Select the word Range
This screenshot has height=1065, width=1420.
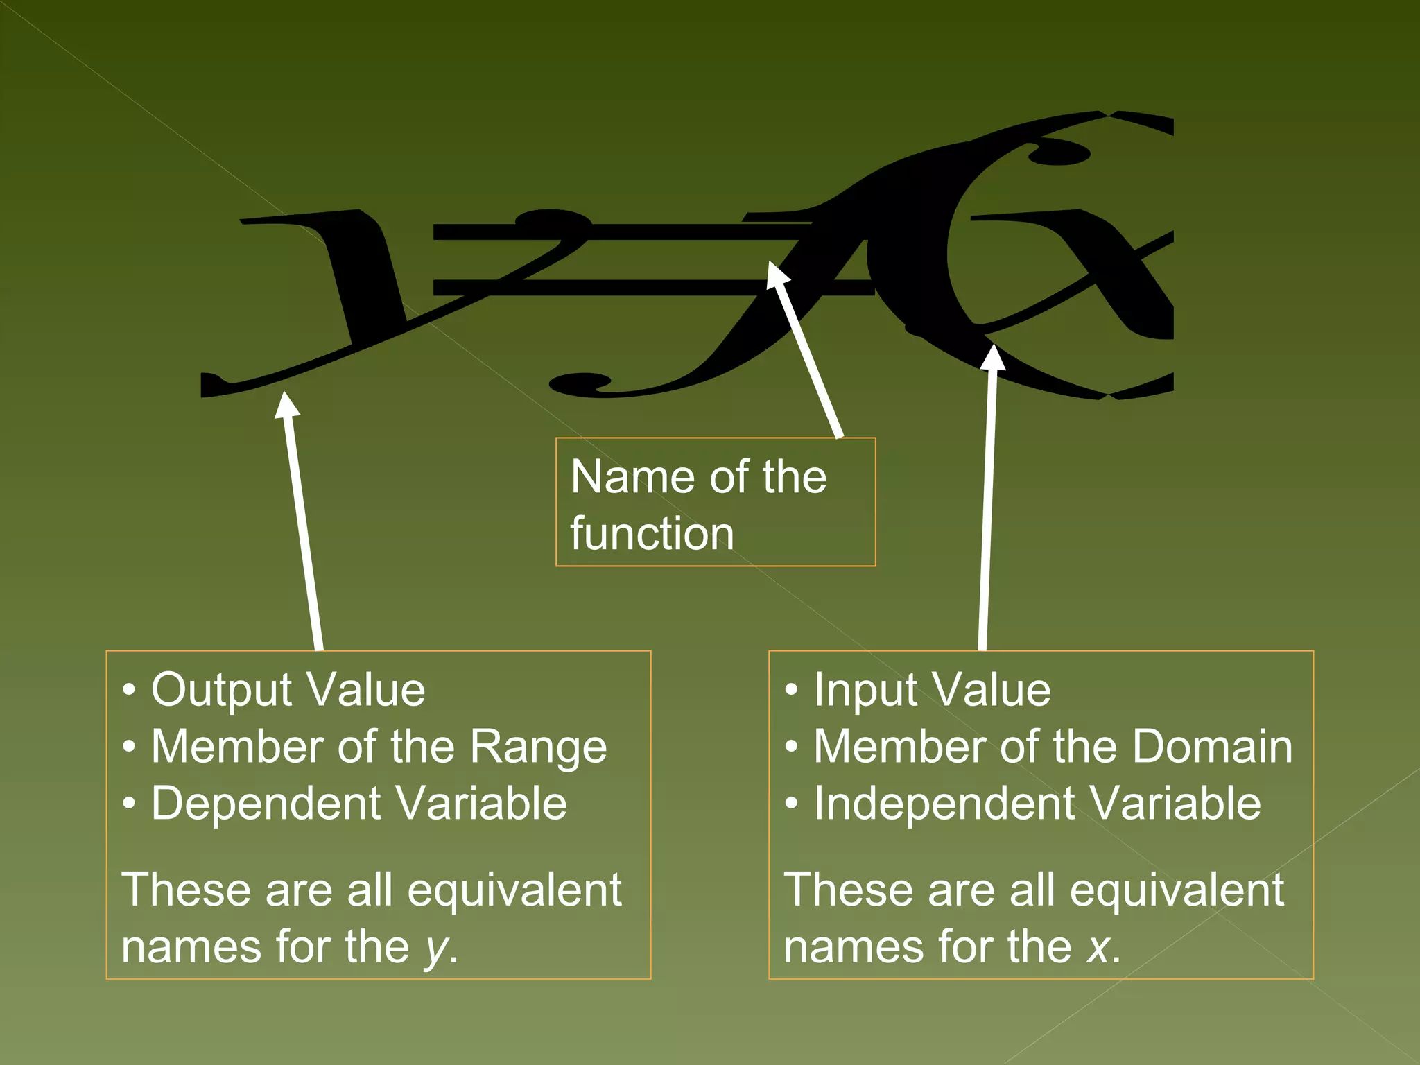538,747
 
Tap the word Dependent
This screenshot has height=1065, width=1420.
266,804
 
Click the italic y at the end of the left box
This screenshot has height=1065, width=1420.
436,949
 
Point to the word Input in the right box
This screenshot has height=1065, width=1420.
867,691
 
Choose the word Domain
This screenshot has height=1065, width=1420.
1212,747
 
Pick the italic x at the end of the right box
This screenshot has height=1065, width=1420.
1099,947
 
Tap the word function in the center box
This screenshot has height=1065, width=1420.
652,534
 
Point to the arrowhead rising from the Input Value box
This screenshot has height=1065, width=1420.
994,358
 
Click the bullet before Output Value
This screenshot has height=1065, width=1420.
129,691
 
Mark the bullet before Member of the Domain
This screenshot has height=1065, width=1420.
792,747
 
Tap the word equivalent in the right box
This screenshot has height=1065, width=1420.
1177,890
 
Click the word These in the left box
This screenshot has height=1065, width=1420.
185,890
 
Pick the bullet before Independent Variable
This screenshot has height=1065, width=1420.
792,804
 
